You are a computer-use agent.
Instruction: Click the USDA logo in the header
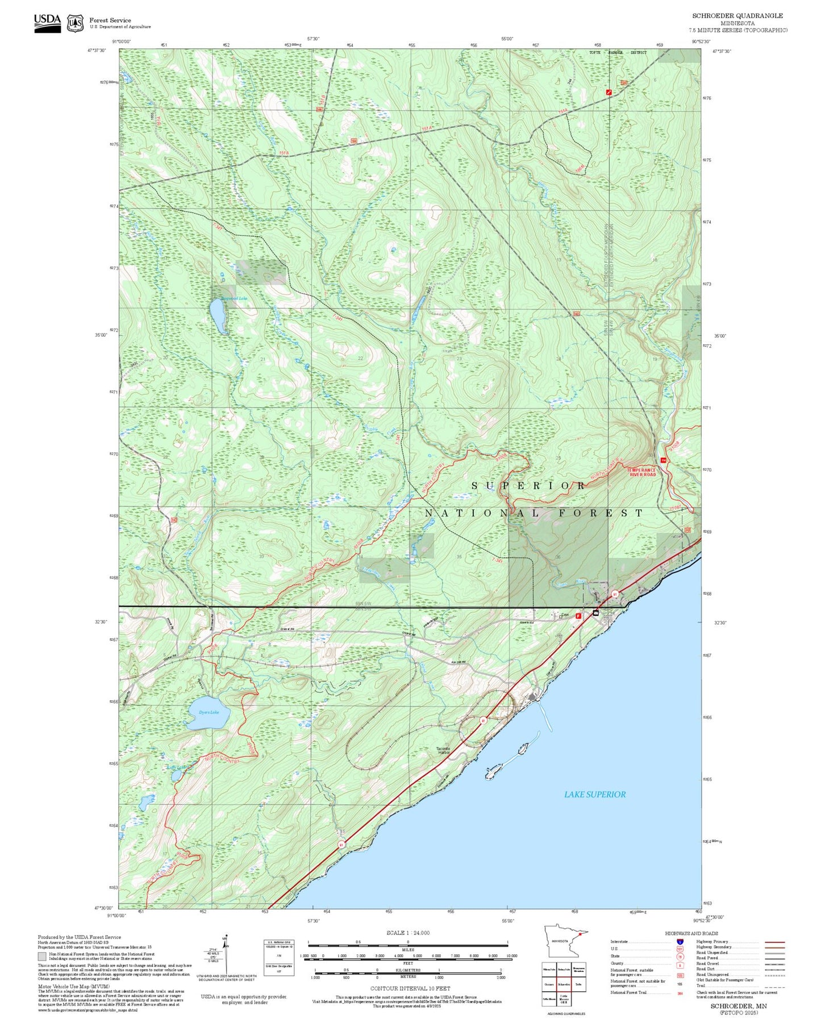pos(47,23)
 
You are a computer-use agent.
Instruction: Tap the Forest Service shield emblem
pos(75,23)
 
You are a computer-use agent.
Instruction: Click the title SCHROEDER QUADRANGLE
pos(737,16)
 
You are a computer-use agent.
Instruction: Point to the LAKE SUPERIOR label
pos(594,795)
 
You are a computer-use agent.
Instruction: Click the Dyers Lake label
pos(209,712)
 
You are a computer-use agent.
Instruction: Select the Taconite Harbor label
pos(443,750)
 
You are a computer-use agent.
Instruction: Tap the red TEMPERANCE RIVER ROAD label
pos(641,472)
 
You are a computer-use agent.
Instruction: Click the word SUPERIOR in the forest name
pos(528,486)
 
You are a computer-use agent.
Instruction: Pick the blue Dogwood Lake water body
pos(217,316)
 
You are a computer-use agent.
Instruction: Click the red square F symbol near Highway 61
pos(578,616)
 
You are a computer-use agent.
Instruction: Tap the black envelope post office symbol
pos(595,613)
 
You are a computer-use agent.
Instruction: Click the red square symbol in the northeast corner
pos(609,92)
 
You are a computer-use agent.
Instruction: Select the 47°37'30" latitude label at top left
pos(97,51)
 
